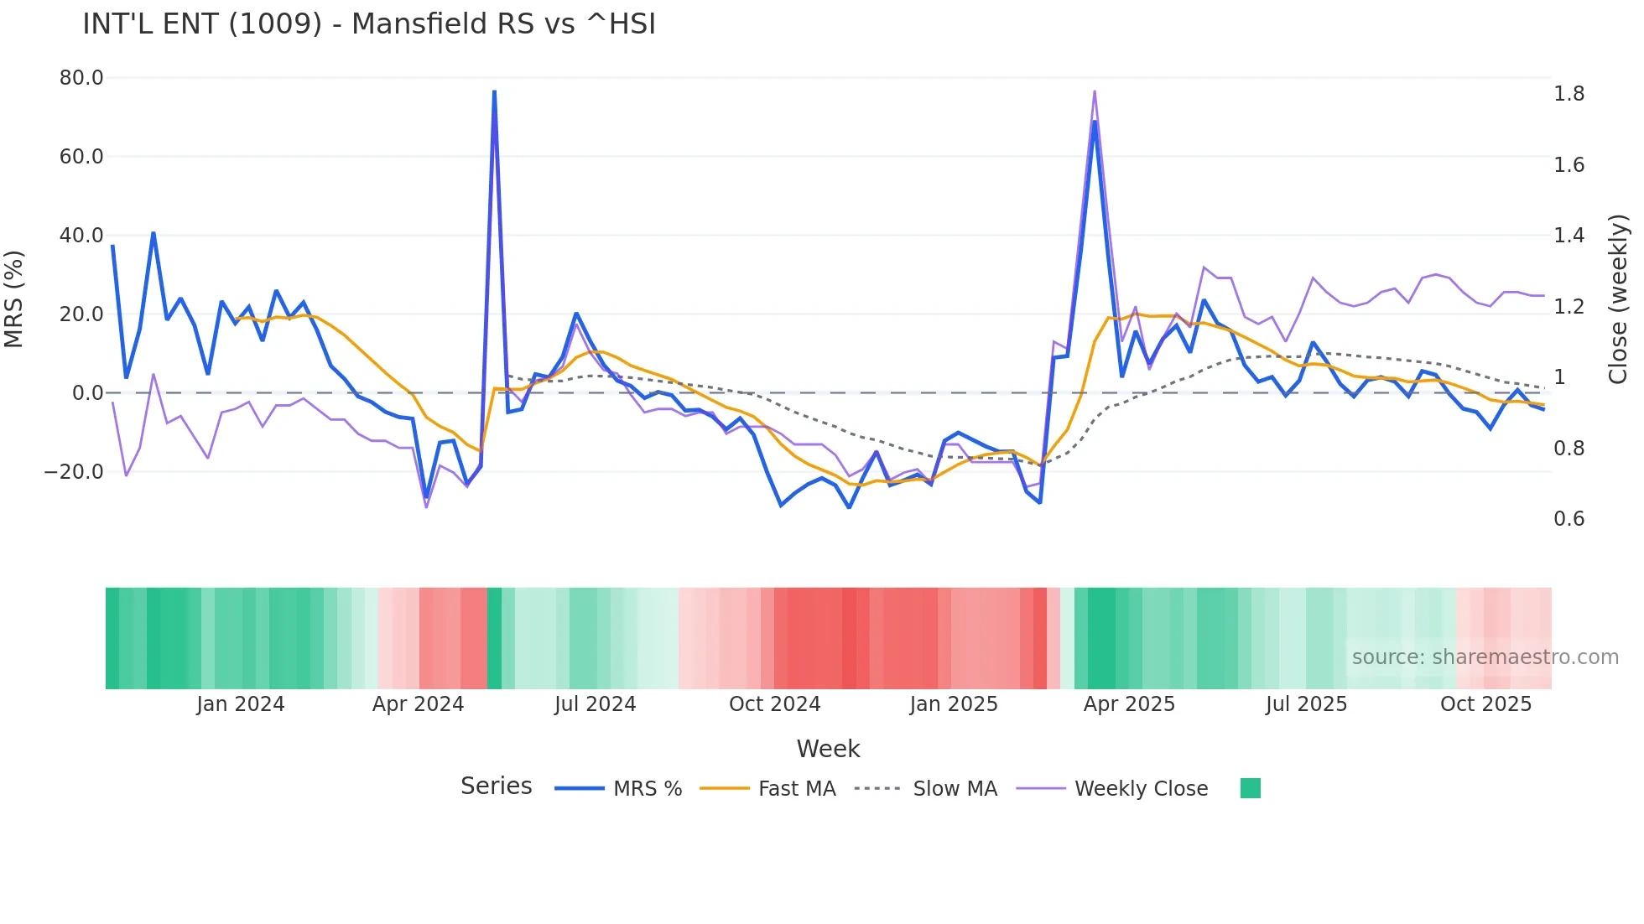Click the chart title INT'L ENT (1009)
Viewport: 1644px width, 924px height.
pos(369,24)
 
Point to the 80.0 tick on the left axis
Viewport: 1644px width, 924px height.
pos(81,78)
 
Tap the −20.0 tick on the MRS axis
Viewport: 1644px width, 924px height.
pos(74,472)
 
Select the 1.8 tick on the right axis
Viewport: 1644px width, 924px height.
pos(1569,94)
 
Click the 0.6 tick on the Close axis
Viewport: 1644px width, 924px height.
pos(1569,519)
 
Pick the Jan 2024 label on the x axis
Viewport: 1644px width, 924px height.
pos(241,704)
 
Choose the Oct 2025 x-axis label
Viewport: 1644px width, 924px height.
pos(1485,704)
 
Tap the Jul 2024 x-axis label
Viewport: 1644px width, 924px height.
pos(595,704)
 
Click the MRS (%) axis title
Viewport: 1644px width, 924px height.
pos(14,298)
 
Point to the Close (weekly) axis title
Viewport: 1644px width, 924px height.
pos(1618,299)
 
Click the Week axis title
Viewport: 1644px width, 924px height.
pos(828,749)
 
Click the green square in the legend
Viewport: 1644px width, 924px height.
pos(1250,788)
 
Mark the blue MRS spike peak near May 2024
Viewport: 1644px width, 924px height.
pos(494,91)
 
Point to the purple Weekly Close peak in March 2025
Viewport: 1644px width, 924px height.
pos(1095,91)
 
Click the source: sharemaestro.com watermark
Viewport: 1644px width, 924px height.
pos(1485,657)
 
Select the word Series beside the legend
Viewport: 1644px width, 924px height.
pos(496,786)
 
